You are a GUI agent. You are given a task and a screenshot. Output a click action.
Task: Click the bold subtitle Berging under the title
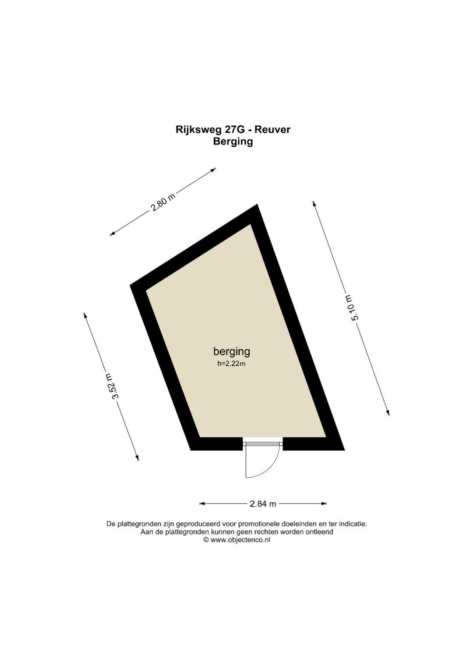tap(233, 142)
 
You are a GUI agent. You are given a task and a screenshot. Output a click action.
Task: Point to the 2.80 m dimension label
tap(162, 202)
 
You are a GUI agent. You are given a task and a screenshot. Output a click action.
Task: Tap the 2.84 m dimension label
tap(263, 504)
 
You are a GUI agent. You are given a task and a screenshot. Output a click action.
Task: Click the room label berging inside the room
tap(231, 352)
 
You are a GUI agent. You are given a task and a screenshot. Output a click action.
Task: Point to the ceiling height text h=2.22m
tap(231, 364)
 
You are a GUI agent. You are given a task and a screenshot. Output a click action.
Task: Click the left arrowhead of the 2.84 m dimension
tap(202, 503)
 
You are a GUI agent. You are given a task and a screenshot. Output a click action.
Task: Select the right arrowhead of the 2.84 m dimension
tap(324, 503)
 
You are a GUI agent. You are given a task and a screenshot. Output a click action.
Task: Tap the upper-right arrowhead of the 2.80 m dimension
tap(213, 170)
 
